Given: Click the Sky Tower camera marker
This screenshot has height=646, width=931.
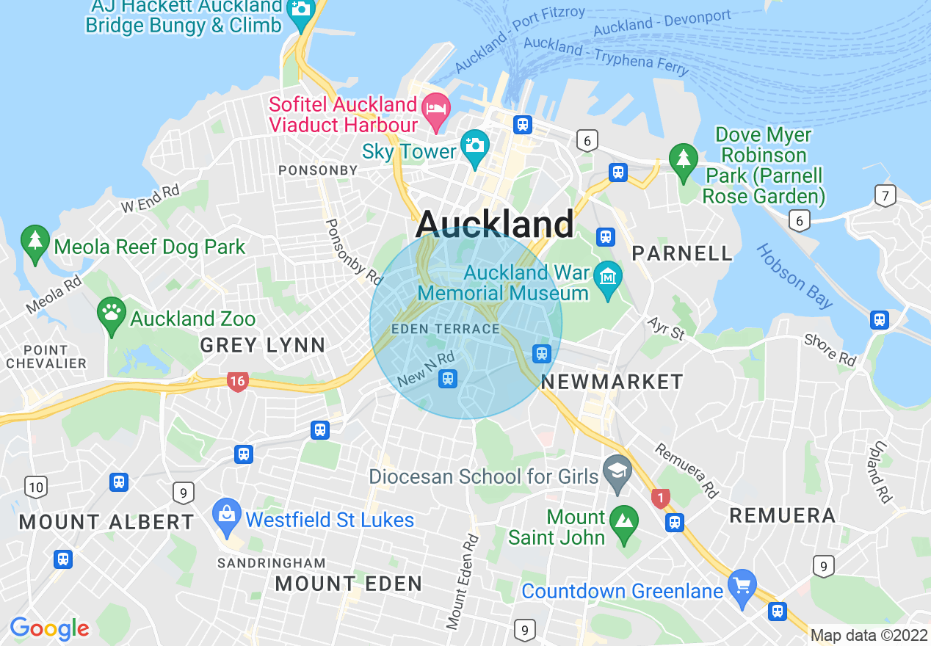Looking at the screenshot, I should click(x=475, y=144).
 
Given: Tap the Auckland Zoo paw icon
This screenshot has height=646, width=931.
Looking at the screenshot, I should click(x=112, y=314).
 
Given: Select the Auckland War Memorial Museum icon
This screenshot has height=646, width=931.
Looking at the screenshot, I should click(x=608, y=277).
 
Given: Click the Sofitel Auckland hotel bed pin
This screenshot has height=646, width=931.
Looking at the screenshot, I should click(x=438, y=109).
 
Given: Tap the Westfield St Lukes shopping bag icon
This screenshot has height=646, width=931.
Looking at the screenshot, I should click(x=226, y=513).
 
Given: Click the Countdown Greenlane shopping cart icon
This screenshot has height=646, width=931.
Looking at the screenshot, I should click(x=742, y=587).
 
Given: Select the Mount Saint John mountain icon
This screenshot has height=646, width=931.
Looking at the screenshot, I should click(x=624, y=522).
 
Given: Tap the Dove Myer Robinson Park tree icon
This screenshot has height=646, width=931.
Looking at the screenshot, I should click(x=684, y=158).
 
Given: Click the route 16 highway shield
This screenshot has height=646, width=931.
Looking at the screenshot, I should click(x=237, y=381).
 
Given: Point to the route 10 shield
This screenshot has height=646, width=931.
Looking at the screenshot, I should click(x=35, y=486).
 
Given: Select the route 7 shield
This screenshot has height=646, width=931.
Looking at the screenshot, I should click(x=885, y=196).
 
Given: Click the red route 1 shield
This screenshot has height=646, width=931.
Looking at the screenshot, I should click(x=661, y=499).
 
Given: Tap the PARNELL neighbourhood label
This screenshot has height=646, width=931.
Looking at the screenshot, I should click(x=682, y=254).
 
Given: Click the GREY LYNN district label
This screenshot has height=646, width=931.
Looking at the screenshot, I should click(x=262, y=345).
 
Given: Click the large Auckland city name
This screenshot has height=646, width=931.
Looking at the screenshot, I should click(x=495, y=223).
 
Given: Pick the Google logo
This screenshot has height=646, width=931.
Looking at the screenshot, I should click(x=49, y=628).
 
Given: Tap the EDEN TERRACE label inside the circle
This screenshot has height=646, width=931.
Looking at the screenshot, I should click(x=446, y=329).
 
